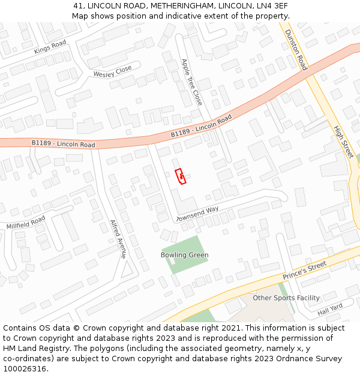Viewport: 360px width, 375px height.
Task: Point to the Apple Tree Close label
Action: [191, 82]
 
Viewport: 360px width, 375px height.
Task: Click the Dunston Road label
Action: [295, 50]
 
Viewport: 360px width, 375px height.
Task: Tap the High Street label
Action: [344, 142]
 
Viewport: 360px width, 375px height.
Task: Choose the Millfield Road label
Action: [26, 223]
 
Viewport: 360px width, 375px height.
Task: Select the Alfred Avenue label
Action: [118, 239]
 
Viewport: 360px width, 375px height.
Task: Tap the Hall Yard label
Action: [329, 310]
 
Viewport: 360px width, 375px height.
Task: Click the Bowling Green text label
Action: [184, 255]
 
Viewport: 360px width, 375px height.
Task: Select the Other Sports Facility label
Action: [286, 298]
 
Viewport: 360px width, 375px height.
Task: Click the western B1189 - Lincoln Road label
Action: [63, 144]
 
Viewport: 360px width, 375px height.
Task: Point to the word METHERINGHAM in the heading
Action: [181, 5]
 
